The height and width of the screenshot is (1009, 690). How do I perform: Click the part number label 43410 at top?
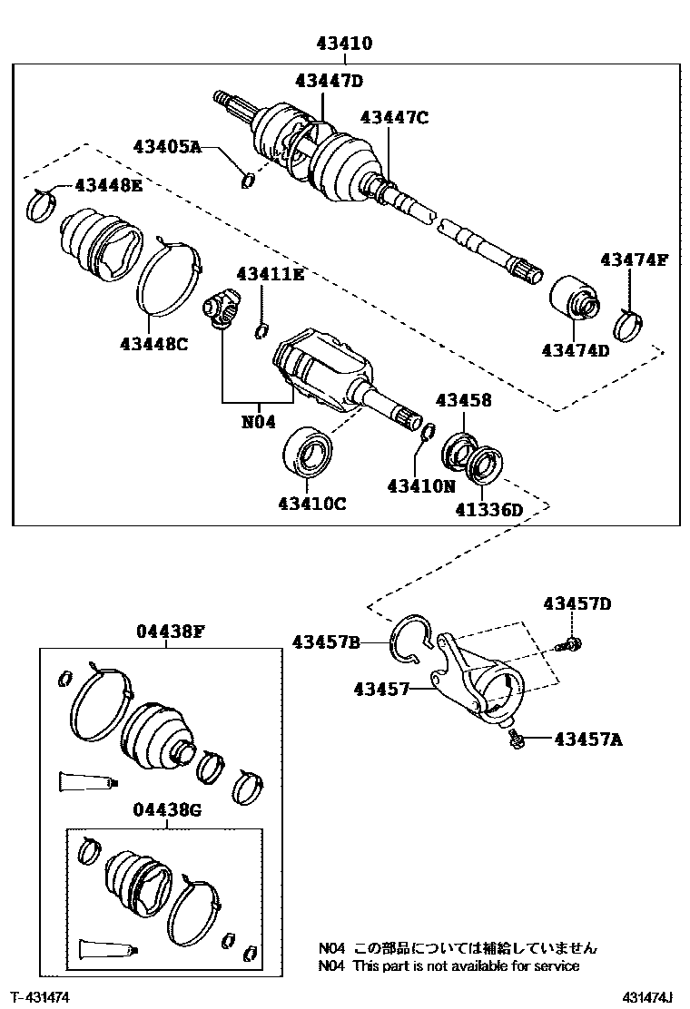click(x=344, y=43)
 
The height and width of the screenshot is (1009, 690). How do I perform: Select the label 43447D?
click(x=328, y=81)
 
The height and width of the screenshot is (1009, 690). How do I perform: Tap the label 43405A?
click(x=167, y=145)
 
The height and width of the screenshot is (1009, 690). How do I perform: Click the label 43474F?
click(x=633, y=260)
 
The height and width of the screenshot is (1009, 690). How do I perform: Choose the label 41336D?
click(x=488, y=510)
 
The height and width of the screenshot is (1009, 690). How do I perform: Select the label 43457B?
click(x=326, y=642)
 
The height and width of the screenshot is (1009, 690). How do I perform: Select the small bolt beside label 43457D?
click(x=571, y=643)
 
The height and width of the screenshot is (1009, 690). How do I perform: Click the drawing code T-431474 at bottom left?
click(x=41, y=996)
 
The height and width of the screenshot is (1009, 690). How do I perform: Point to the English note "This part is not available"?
click(x=465, y=965)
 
